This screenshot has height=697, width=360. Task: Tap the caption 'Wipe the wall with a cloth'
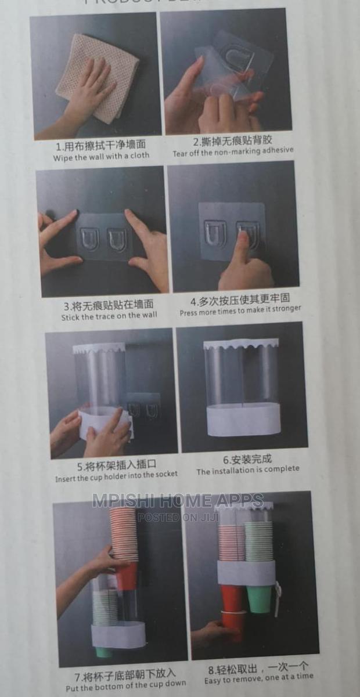coord(101,157)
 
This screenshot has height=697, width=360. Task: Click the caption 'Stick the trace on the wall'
coord(109,316)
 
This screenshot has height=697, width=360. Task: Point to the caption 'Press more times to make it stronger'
coord(240,311)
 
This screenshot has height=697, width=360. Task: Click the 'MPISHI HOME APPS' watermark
coord(177,501)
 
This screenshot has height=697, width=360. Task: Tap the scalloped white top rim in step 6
coord(241,344)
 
